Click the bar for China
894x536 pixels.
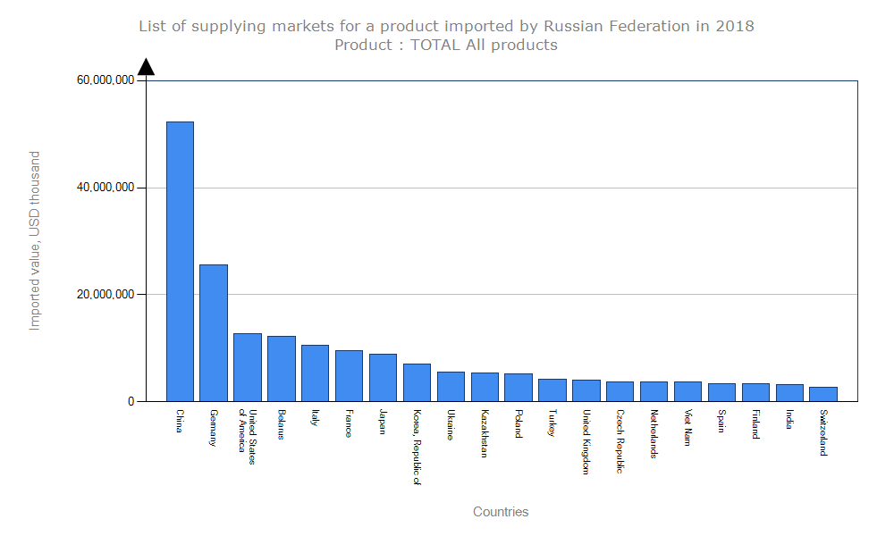[180, 261]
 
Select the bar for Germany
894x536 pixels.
[214, 332]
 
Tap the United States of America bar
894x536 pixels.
[248, 367]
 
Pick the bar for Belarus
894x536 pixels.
[282, 368]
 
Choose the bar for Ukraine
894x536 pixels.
[451, 386]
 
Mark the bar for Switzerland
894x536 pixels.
[823, 394]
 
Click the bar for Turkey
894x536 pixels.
[552, 389]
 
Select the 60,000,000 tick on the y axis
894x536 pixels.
[105, 80]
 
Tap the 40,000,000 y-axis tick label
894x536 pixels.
[105, 188]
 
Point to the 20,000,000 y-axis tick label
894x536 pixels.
[105, 294]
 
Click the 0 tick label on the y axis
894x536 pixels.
[131, 401]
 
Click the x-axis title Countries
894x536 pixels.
[501, 512]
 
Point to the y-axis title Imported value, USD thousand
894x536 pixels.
[35, 240]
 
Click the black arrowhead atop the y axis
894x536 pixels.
[146, 67]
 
